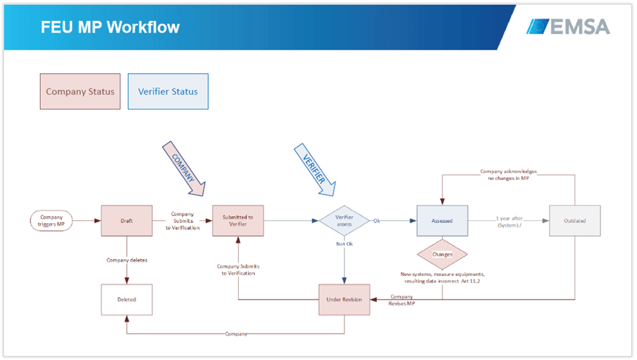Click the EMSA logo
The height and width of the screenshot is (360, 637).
568,27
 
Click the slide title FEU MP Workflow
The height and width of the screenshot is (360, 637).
110,27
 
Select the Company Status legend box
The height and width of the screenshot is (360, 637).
80,91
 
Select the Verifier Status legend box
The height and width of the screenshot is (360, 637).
168,91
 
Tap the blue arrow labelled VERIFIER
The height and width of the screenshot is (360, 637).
315,170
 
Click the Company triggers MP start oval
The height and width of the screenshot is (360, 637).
51,221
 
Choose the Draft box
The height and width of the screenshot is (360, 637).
127,221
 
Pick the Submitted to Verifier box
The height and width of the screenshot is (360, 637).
238,221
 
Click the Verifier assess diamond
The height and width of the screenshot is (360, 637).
344,221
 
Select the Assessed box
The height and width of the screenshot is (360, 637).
442,221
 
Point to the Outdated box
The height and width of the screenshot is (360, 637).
575,221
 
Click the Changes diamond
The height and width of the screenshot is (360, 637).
442,254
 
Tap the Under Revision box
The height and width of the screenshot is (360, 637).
344,299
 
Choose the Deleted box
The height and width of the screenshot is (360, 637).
127,299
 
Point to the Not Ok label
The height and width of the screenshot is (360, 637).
344,244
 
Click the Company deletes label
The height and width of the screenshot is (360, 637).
127,260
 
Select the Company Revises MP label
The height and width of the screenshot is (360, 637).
402,300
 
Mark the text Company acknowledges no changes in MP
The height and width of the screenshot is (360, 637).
508,175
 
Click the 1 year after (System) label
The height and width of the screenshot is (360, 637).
509,222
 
